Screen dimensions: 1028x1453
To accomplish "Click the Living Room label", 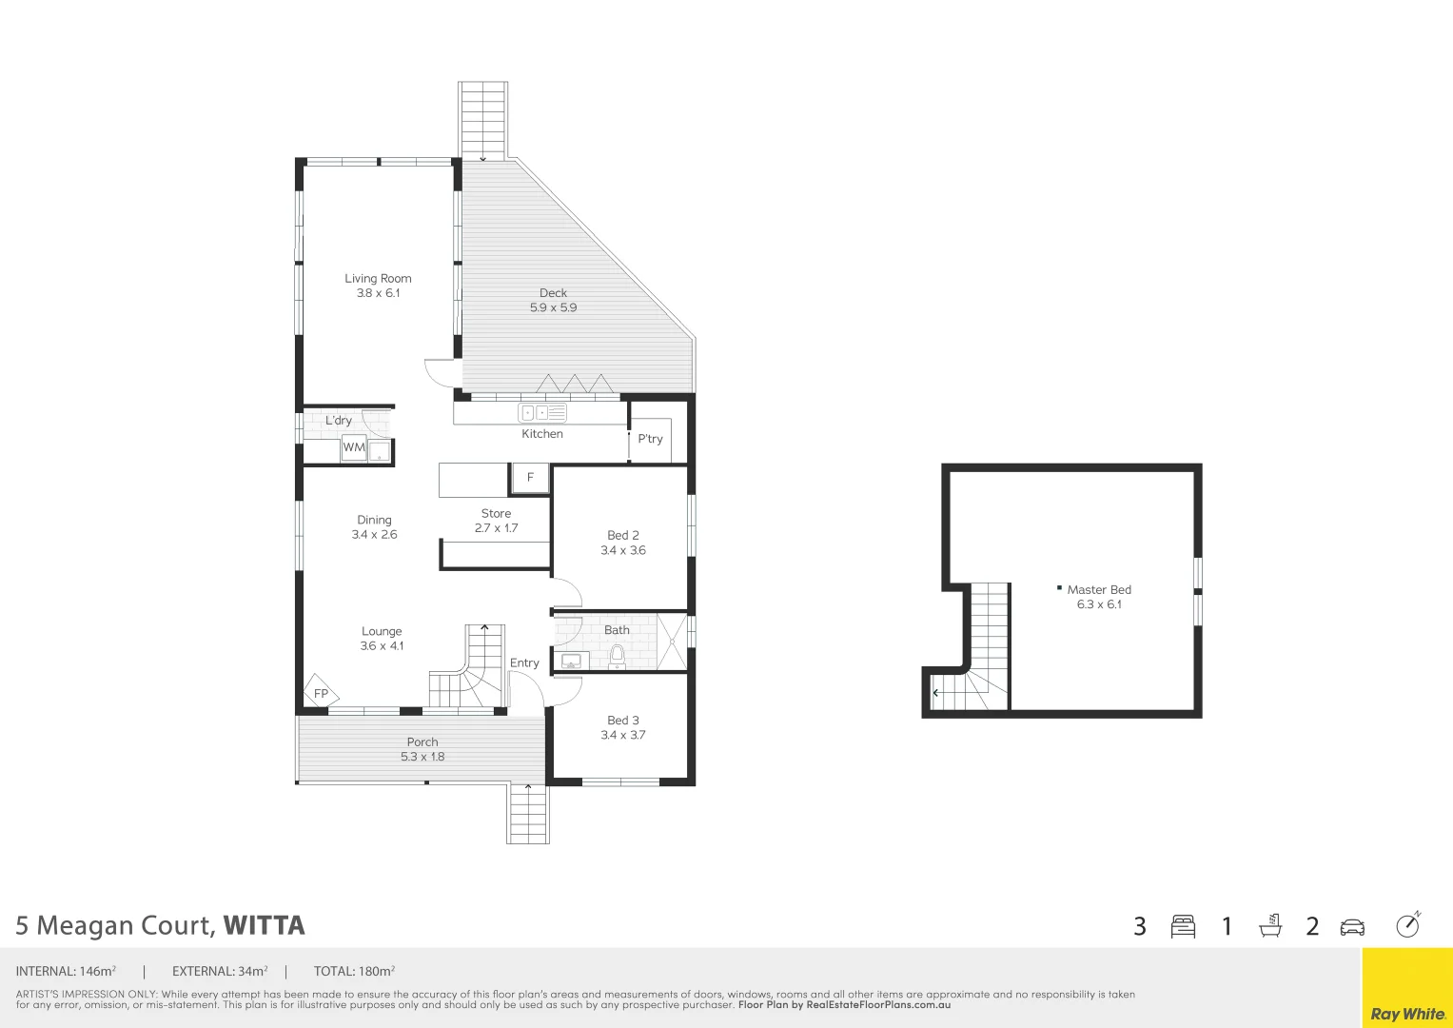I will [378, 279].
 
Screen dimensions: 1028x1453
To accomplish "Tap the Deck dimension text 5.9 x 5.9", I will [553, 307].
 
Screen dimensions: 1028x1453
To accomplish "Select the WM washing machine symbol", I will [354, 447].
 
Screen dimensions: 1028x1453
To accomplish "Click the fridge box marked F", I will [530, 478].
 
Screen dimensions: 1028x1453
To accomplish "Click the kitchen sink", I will [541, 413].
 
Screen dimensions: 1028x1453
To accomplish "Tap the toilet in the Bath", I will [617, 655].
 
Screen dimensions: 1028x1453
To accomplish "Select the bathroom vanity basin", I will [571, 661].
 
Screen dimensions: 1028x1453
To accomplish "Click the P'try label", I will [650, 439].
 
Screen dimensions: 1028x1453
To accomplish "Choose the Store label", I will [496, 513].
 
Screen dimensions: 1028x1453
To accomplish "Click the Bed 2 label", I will [623, 535].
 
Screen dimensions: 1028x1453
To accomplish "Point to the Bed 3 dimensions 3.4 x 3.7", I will [623, 735].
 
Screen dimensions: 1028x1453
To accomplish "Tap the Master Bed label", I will [1099, 589].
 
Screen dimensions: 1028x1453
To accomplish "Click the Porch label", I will [422, 741].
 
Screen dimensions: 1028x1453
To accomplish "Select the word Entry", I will [524, 662].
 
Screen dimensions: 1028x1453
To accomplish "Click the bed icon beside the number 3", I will [1183, 926].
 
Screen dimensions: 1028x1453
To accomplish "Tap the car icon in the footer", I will [1352, 927].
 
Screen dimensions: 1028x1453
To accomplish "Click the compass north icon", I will [1407, 925].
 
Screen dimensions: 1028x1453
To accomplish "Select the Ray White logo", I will [1407, 1014].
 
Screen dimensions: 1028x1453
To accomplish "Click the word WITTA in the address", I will [264, 926].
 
